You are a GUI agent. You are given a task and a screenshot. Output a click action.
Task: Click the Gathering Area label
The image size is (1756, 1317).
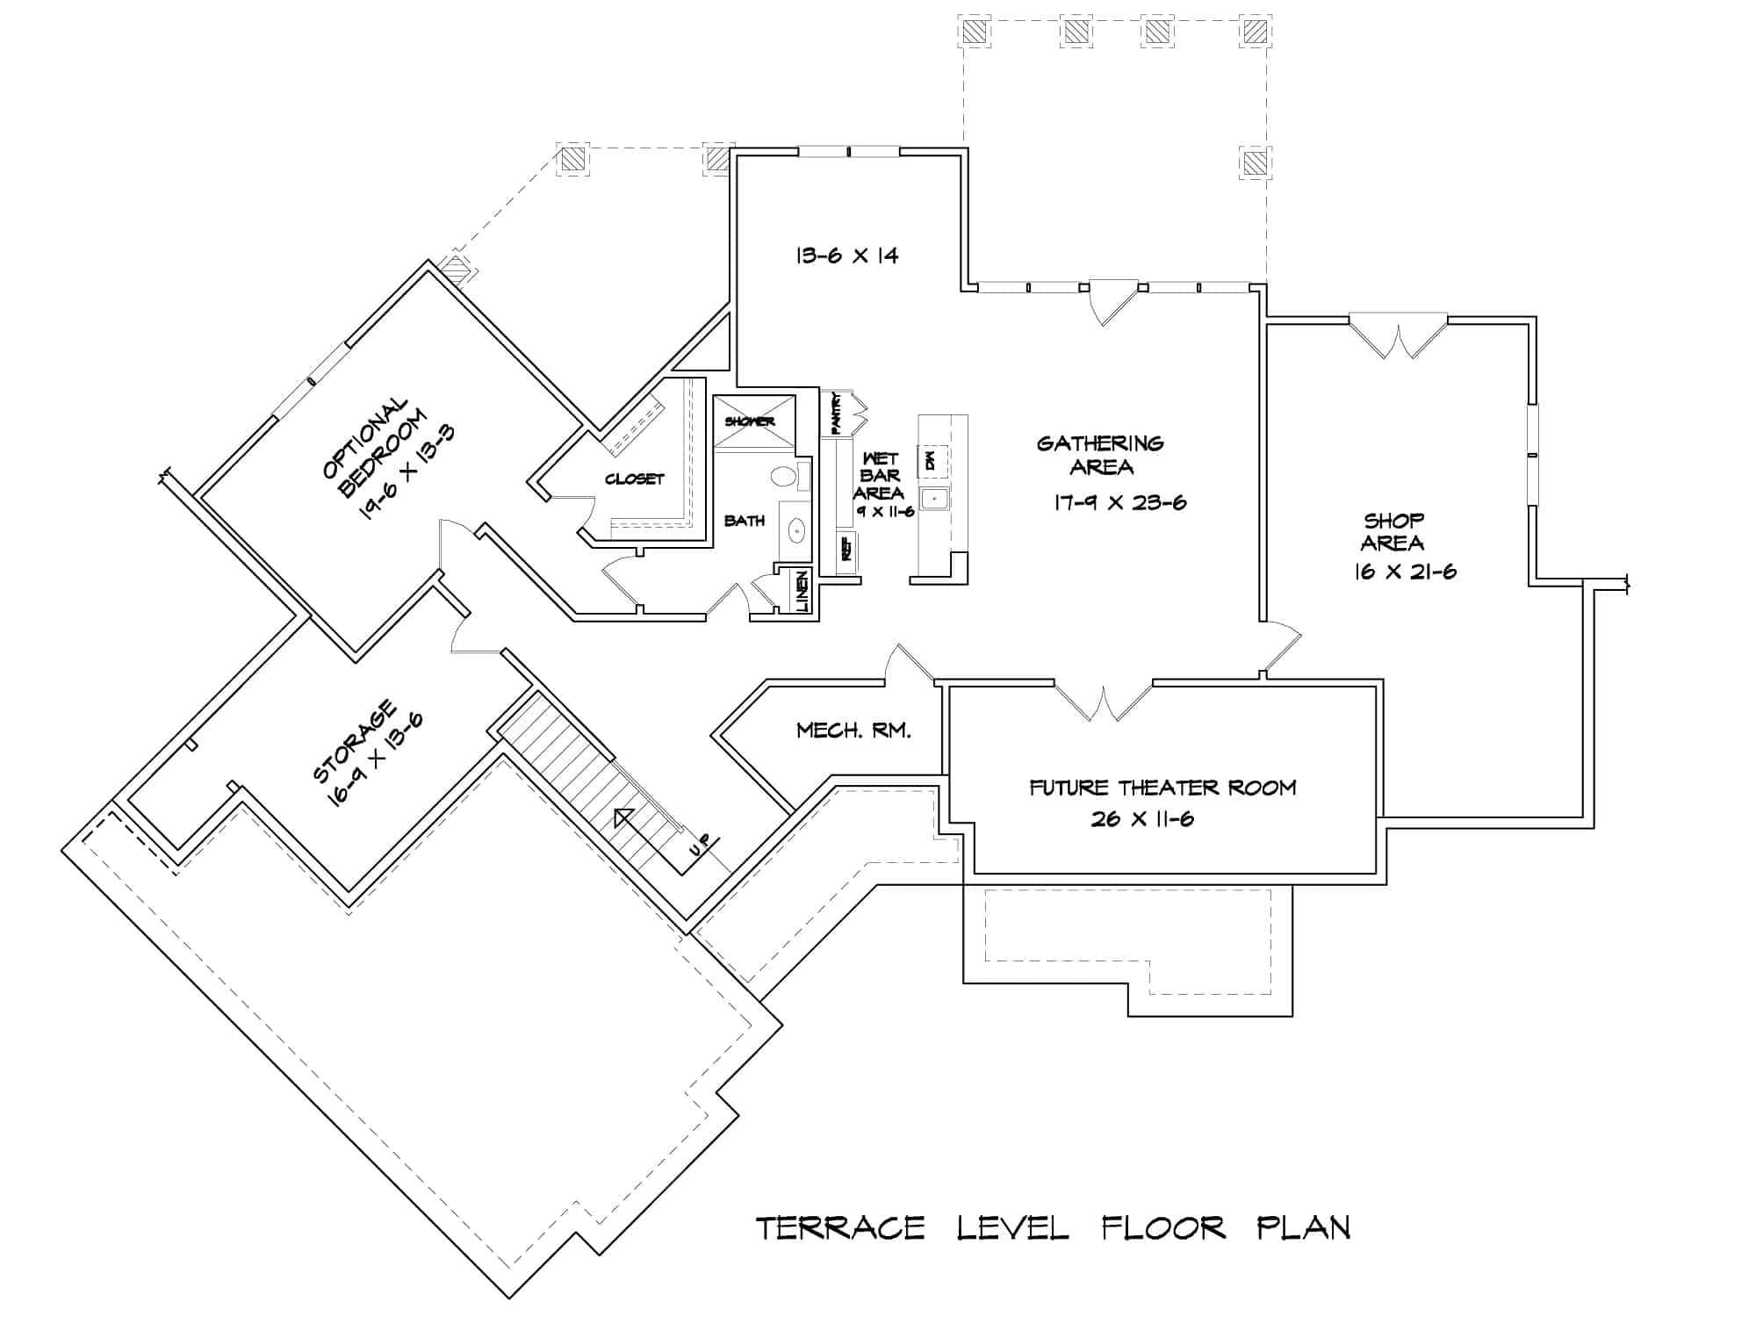pos(1100,455)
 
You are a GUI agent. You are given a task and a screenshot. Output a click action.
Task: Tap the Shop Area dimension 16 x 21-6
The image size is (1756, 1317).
pos(1405,572)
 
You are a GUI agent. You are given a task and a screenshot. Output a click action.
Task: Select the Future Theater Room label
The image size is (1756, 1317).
pos(1162,787)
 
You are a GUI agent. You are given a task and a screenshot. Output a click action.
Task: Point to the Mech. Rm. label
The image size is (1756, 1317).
pos(853,730)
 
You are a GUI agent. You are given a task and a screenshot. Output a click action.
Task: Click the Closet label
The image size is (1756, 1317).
pos(634,479)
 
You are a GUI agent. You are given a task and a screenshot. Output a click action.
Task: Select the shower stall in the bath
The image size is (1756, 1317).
pos(753,421)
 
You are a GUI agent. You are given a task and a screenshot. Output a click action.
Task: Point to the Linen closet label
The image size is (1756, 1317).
pos(802,592)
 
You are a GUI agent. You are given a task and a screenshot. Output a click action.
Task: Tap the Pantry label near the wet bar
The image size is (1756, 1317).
pos(836,413)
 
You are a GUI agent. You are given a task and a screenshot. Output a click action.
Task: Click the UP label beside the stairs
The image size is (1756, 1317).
pos(699,846)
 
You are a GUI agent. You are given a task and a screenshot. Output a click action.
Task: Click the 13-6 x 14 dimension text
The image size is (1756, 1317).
pos(846,255)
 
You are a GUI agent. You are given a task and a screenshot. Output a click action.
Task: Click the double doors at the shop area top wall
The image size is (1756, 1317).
pos(1398,338)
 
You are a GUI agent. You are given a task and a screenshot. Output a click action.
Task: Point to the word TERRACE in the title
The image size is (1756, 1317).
pos(840,1227)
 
